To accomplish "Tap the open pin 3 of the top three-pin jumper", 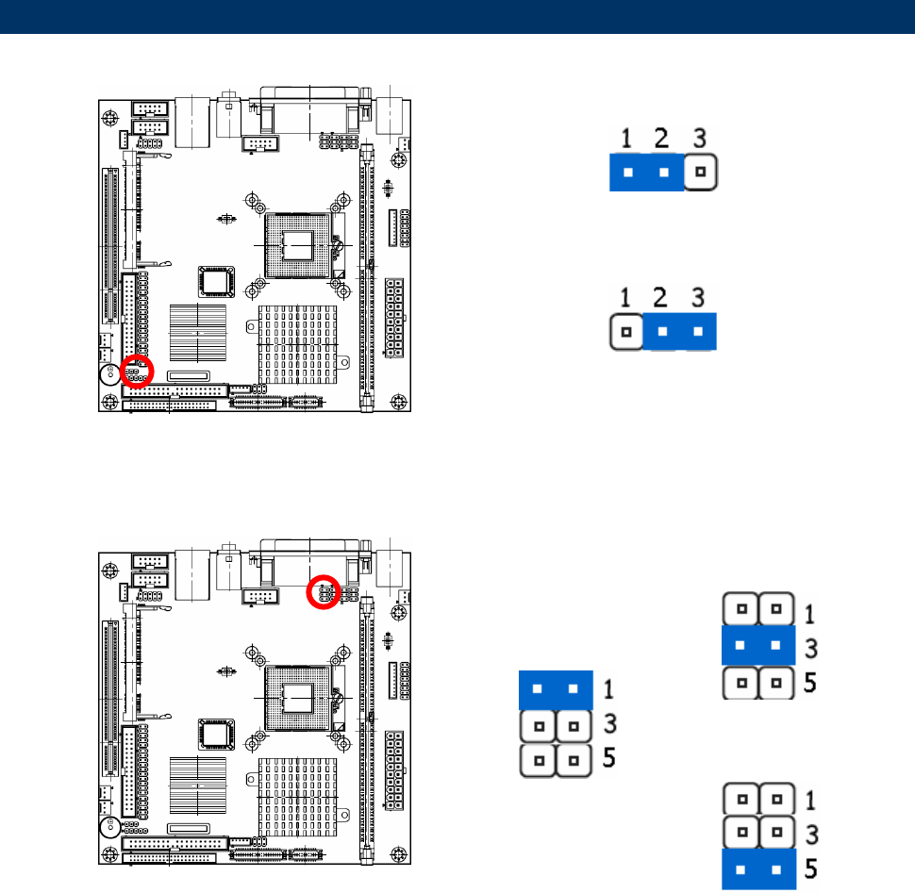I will pos(700,174).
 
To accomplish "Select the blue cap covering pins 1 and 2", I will pos(646,174).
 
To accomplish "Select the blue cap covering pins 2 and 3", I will pos(680,332).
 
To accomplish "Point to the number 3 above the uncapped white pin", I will pos(699,140).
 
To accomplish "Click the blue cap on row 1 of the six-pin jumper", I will pos(555,689).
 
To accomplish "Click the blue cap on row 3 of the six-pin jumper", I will pos(757,646).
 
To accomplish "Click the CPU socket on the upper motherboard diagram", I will pos(297,243).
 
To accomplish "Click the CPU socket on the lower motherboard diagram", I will pos(297,695).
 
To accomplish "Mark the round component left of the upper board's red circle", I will pos(109,372).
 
